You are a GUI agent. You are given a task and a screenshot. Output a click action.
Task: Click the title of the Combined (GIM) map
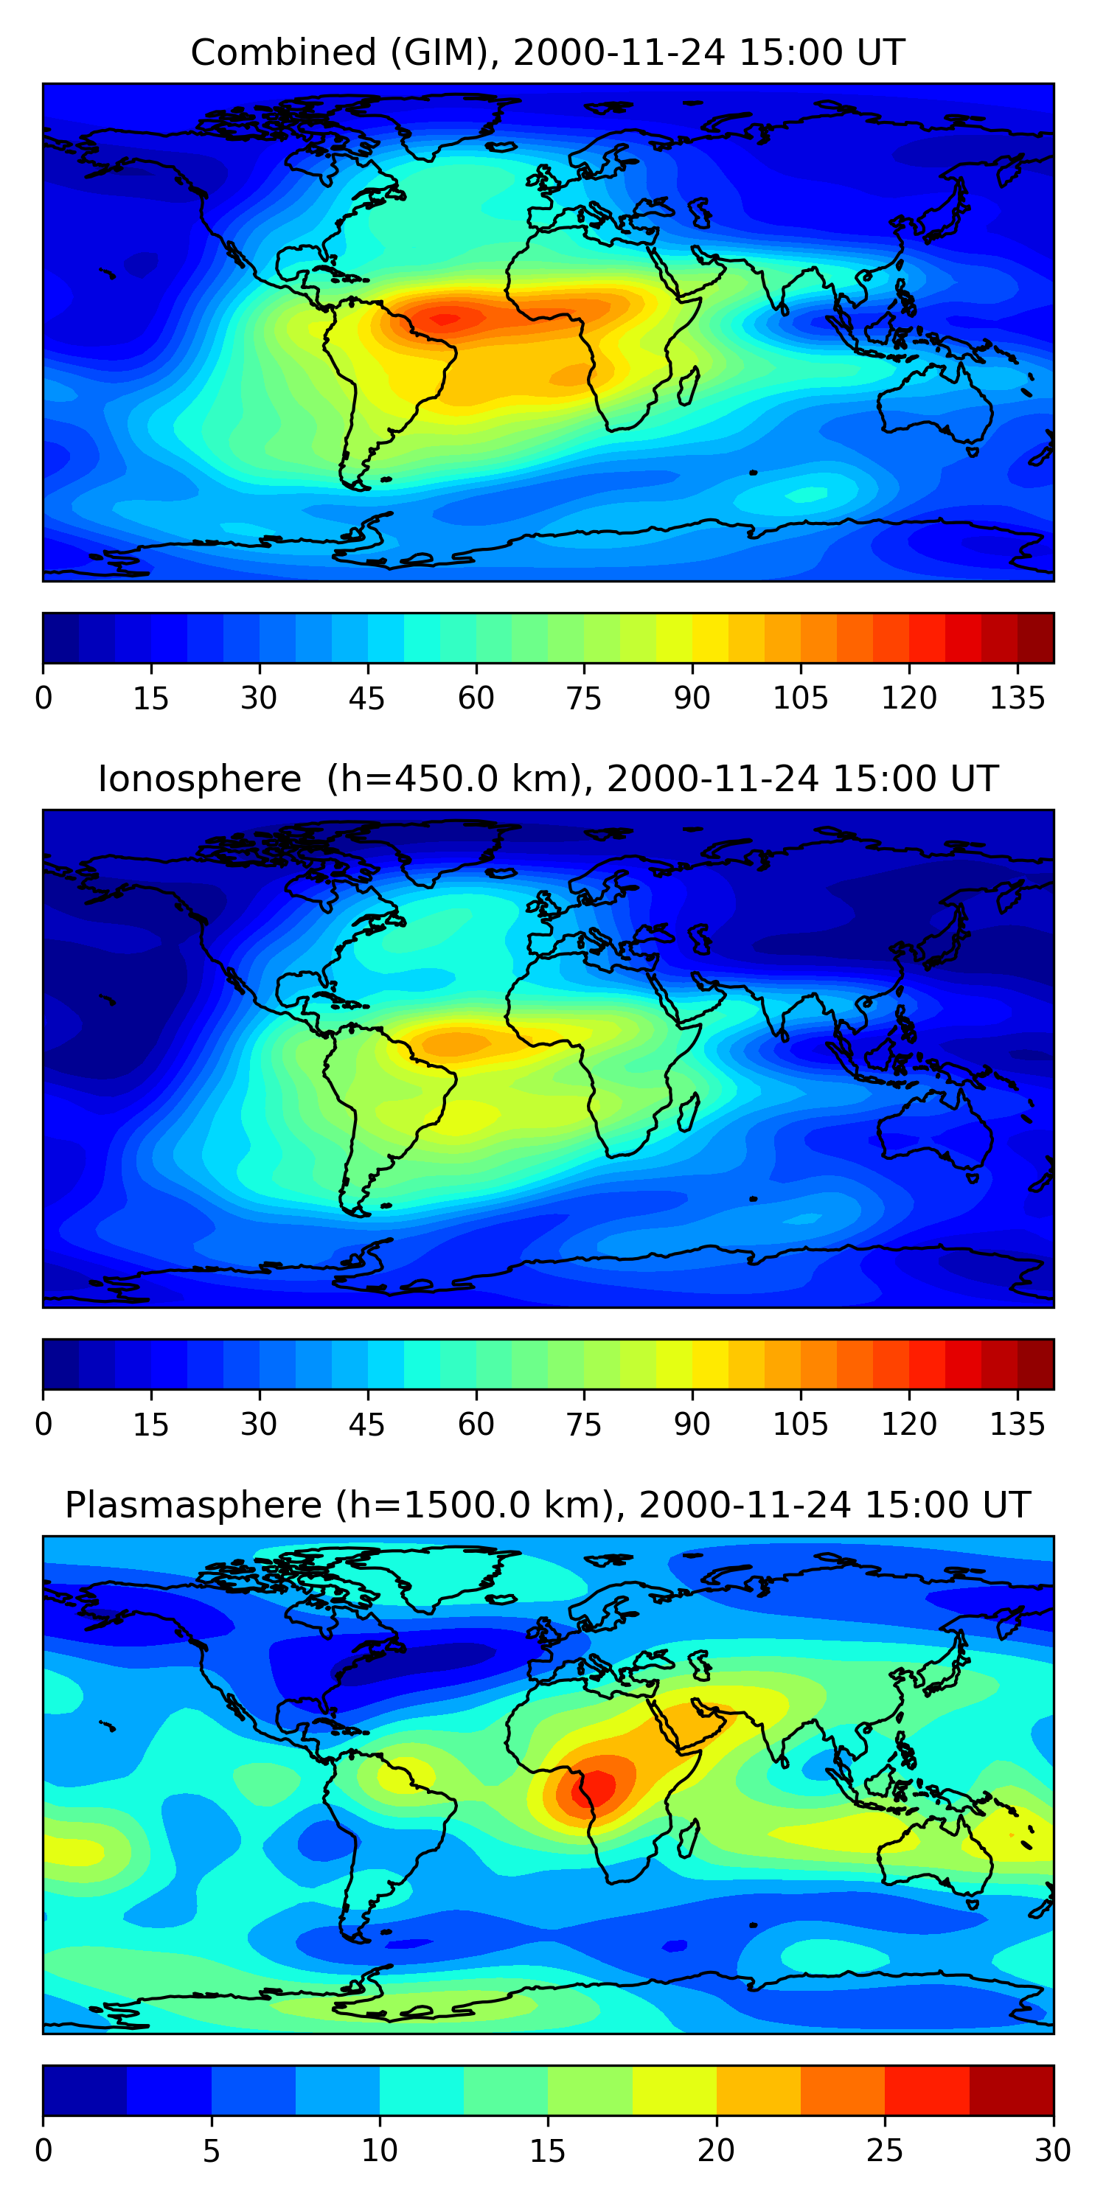click(547, 53)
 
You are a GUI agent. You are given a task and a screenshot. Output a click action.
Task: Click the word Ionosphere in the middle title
click(199, 779)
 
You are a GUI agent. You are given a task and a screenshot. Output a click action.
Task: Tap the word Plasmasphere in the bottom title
click(193, 1506)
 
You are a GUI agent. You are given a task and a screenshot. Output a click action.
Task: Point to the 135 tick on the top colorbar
click(1017, 698)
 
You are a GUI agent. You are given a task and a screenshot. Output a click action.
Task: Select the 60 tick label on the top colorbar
click(476, 698)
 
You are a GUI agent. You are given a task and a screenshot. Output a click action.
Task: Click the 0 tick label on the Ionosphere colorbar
click(44, 1425)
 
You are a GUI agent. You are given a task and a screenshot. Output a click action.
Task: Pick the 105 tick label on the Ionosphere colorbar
click(800, 1425)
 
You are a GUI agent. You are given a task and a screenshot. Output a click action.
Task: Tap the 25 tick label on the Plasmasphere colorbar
click(885, 2151)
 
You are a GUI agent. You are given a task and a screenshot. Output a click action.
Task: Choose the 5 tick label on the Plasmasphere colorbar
click(211, 2151)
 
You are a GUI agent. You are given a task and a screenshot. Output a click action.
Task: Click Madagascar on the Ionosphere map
click(689, 1112)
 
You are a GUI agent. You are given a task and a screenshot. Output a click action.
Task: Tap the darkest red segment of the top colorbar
click(1036, 638)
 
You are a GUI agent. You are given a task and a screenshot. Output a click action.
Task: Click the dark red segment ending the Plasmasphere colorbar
click(1012, 2090)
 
